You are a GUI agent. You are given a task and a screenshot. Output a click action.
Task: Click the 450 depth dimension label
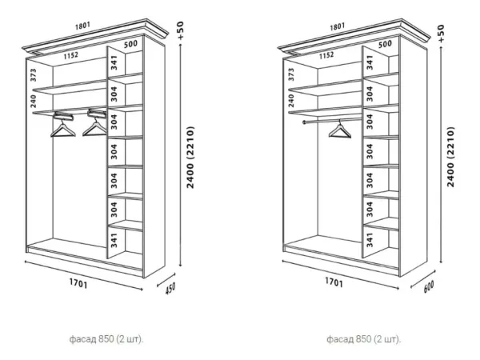coord(170,288)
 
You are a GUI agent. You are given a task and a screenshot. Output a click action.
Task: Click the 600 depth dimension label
coord(429,286)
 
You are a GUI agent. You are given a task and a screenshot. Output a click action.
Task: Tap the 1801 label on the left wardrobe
coord(82,26)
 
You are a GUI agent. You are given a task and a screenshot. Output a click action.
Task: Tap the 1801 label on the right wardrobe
coord(338,27)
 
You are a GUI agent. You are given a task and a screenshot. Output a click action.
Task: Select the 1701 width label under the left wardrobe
coord(78,283)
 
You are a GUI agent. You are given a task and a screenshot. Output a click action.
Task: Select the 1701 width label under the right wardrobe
coord(334,282)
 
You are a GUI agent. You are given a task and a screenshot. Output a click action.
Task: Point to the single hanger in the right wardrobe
coord(340,130)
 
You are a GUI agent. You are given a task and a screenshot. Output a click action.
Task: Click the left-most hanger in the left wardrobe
coord(63,126)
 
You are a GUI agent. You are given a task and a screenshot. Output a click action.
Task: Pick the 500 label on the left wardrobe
coord(130,44)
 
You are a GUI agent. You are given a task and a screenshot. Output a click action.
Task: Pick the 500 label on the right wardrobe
coord(385,44)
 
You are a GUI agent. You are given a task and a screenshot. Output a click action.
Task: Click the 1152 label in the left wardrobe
coord(71,56)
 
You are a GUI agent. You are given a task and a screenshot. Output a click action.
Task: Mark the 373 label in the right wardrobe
coord(291,74)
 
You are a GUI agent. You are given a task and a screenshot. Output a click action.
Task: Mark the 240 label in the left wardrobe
coord(34,101)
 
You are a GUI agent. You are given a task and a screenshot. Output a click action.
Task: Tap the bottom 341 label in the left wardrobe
coord(114,241)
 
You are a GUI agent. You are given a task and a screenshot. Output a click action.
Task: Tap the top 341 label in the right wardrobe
coord(370,62)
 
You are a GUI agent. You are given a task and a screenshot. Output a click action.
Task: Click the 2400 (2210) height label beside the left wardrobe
coord(190,158)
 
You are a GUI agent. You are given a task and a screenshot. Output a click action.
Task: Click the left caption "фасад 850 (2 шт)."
coord(106,339)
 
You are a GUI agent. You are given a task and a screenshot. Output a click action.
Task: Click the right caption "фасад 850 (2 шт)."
coord(363,339)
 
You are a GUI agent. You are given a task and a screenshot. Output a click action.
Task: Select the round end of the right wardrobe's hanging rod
coord(304,122)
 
